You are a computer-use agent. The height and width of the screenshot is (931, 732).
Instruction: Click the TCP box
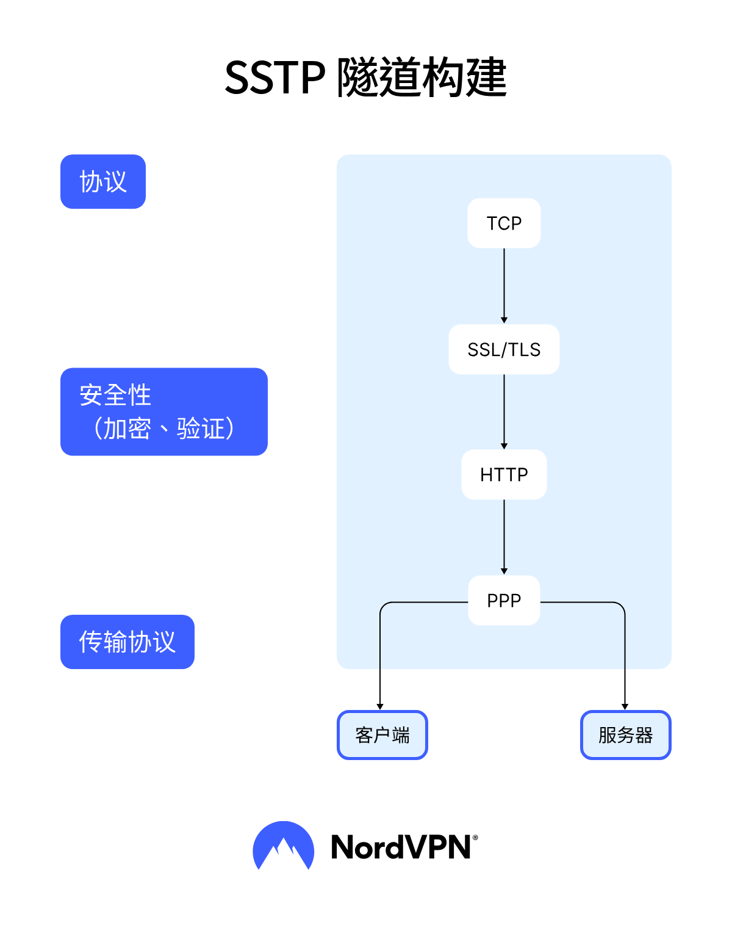coord(504,223)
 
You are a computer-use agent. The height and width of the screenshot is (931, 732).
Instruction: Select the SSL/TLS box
coord(504,350)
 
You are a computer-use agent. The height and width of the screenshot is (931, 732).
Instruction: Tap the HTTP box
coord(504,475)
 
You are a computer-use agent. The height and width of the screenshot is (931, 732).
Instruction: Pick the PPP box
coord(504,601)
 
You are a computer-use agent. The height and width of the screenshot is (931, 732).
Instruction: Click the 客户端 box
coord(382,735)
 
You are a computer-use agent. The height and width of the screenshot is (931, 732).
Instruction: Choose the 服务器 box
coord(625,735)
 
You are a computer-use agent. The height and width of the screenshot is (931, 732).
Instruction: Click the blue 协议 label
coord(103,182)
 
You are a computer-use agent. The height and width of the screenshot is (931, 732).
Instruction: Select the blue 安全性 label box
coord(164,411)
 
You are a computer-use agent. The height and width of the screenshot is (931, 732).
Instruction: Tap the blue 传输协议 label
coord(127,642)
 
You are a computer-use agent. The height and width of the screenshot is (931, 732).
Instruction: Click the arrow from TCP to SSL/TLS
coord(504,286)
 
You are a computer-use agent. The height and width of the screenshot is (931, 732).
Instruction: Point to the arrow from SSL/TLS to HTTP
coord(504,411)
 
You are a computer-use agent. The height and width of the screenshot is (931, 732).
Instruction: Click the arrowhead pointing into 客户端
coord(380,706)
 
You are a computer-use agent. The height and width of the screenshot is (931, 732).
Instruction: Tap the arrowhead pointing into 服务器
coord(625,706)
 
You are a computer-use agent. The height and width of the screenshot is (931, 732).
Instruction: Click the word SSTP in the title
coord(274,78)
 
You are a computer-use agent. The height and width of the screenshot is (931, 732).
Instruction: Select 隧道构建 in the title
coord(422,78)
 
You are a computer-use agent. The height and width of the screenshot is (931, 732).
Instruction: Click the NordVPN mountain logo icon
coord(283,846)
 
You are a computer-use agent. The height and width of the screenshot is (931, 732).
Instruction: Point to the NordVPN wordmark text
coord(401,847)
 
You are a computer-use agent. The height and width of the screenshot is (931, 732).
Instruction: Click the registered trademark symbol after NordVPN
coord(475,838)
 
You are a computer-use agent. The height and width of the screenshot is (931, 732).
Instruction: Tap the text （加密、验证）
coord(163,429)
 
